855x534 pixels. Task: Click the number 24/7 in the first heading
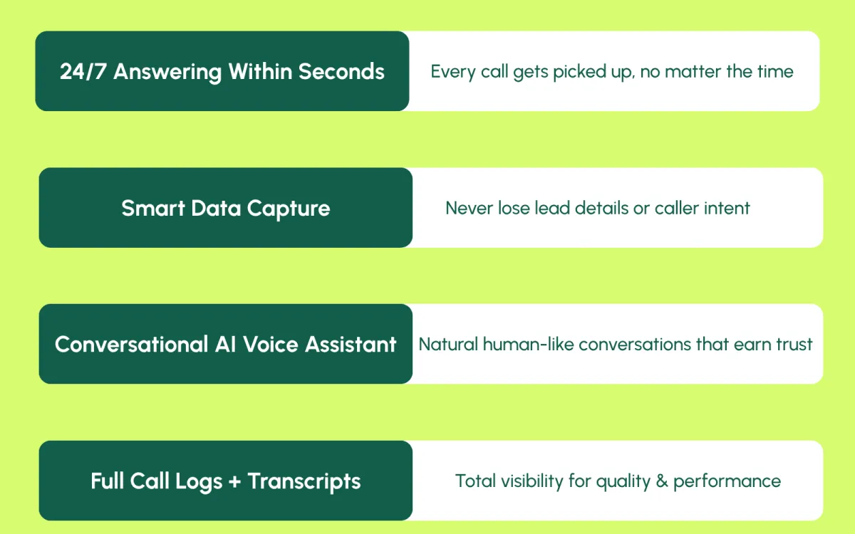coord(83,71)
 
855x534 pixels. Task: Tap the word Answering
coord(167,73)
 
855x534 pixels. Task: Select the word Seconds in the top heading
coord(341,71)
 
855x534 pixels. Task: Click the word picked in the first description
coord(579,73)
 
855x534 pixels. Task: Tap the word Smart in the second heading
coord(153,208)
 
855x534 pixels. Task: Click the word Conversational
coord(131,345)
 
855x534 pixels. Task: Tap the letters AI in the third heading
coord(225,345)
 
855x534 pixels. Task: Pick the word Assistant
coord(351,345)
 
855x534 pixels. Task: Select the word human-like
coord(528,345)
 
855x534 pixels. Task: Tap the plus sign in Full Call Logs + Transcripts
coord(234,481)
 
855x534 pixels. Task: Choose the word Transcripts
coord(304,482)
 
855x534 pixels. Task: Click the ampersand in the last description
coord(662,481)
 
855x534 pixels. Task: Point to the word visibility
coord(532,481)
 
